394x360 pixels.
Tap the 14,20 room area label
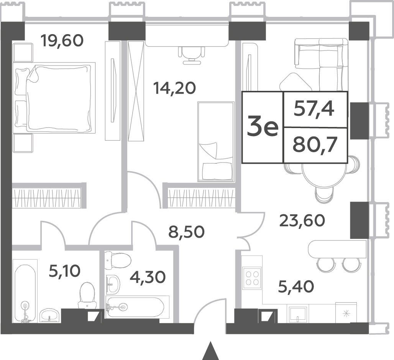pyautogui.click(x=175, y=88)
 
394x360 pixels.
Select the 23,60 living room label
pyautogui.click(x=302, y=220)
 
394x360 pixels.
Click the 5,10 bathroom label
pyautogui.click(x=64, y=271)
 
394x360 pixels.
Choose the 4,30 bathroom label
pyautogui.click(x=148, y=277)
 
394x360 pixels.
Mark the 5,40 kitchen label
pyautogui.click(x=296, y=287)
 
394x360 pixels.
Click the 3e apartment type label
pyautogui.click(x=263, y=128)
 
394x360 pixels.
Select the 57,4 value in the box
pyautogui.click(x=314, y=109)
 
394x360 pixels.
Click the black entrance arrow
pyautogui.click(x=211, y=351)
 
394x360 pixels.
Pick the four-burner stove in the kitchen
pyautogui.click(x=252, y=278)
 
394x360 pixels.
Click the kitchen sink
pyautogui.click(x=298, y=314)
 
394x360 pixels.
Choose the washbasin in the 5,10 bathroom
pyautogui.click(x=49, y=315)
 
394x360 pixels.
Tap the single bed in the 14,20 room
pyautogui.click(x=216, y=141)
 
